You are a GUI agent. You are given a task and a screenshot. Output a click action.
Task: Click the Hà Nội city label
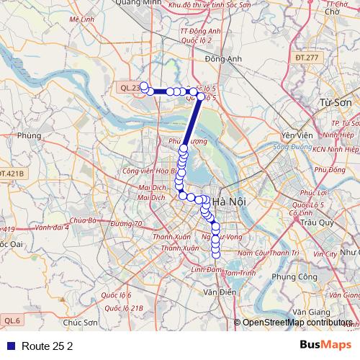pos(230,202)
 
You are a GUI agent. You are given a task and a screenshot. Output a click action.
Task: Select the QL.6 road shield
pos(12,320)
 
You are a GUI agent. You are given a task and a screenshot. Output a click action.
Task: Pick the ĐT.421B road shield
pos(12,174)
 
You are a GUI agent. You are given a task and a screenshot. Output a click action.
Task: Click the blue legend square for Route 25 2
pos(10,346)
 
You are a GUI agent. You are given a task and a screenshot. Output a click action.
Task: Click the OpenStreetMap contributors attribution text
pos(298,323)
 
